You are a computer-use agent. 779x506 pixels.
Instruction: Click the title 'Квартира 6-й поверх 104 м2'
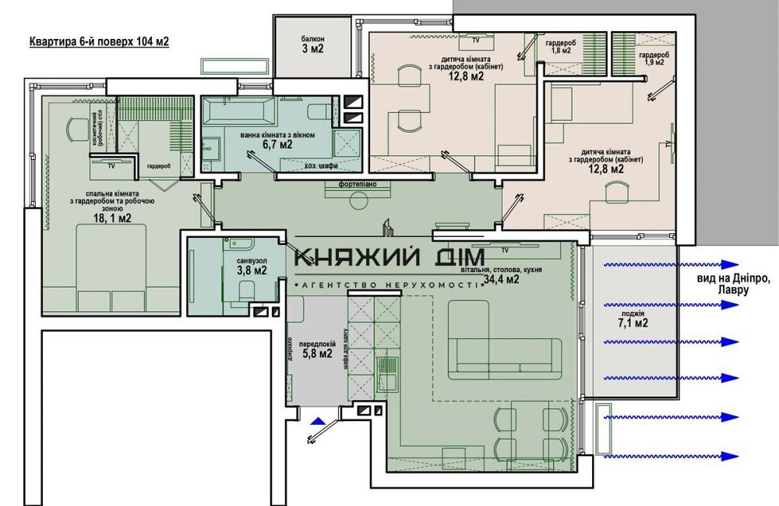point(99,42)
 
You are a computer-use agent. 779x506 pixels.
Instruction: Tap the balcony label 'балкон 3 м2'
point(312,44)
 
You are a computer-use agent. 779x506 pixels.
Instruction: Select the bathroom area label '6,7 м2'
point(277,144)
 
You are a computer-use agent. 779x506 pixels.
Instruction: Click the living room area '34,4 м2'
point(501,280)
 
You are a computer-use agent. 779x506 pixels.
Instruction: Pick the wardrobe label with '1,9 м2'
point(653,58)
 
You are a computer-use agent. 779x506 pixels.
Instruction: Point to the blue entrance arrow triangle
point(316,422)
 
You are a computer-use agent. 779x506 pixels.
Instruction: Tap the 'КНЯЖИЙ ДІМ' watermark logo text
point(389,257)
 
